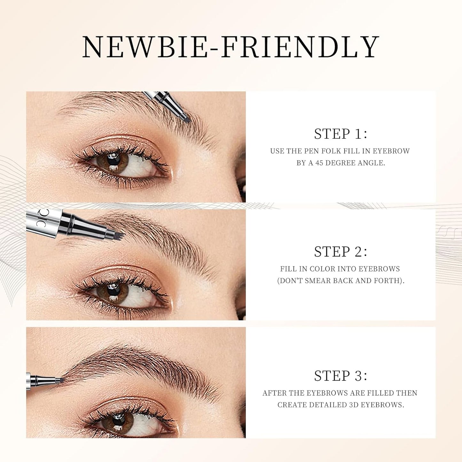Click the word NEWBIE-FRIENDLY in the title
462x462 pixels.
(231, 47)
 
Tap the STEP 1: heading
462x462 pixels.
(341, 134)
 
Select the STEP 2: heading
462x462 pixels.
(341, 252)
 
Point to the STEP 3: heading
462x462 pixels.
(341, 376)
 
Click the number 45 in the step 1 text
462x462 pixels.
(319, 163)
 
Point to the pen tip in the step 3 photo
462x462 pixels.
(59, 380)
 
